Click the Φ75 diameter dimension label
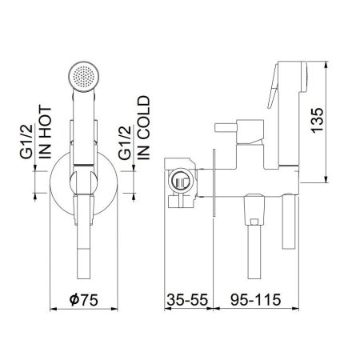[x=84, y=299]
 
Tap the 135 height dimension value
[x=318, y=120]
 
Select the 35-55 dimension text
[x=187, y=299]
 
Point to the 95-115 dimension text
[x=255, y=299]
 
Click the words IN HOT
[x=45, y=133]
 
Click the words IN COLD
[x=144, y=128]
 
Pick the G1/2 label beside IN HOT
[x=26, y=142]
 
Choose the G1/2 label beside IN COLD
[x=125, y=142]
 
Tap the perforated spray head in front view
[x=84, y=77]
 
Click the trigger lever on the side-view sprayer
[x=273, y=86]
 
